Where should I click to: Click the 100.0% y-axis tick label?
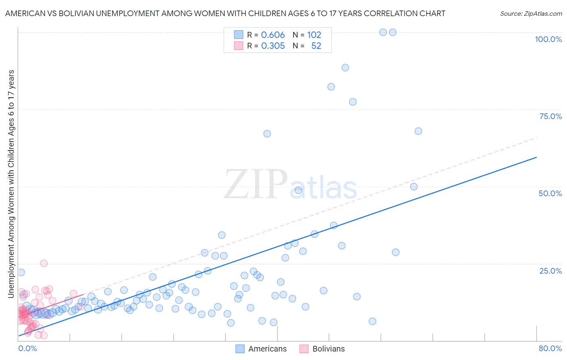point(548,39)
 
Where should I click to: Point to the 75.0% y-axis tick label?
point(550,116)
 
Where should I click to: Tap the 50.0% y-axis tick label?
point(550,193)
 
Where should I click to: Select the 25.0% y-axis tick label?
point(550,270)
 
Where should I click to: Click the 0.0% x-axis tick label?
point(27,348)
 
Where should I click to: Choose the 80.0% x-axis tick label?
point(550,348)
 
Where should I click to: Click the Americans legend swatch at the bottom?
point(240,349)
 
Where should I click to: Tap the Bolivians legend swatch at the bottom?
point(304,349)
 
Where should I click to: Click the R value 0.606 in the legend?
point(273,35)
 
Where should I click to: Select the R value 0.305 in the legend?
point(273,46)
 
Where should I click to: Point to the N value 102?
point(314,35)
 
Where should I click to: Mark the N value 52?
point(316,46)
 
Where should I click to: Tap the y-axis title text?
point(11,184)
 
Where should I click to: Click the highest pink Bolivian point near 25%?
point(44,263)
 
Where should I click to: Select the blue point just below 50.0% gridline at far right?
point(414,186)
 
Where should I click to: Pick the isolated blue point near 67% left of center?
point(267,134)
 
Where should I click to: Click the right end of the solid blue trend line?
point(536,157)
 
